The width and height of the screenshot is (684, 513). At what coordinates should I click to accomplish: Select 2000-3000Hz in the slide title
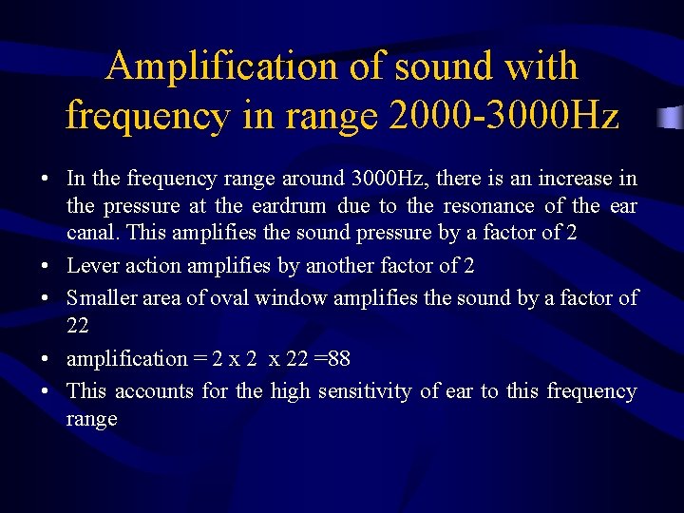504,116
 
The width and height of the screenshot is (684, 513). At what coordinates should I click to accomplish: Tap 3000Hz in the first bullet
388,179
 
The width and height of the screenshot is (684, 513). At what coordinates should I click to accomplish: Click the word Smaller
102,298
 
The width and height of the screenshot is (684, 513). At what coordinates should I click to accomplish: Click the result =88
331,359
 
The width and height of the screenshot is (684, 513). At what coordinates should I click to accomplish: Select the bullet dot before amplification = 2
45,360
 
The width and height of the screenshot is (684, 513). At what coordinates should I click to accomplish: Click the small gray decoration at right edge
673,119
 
